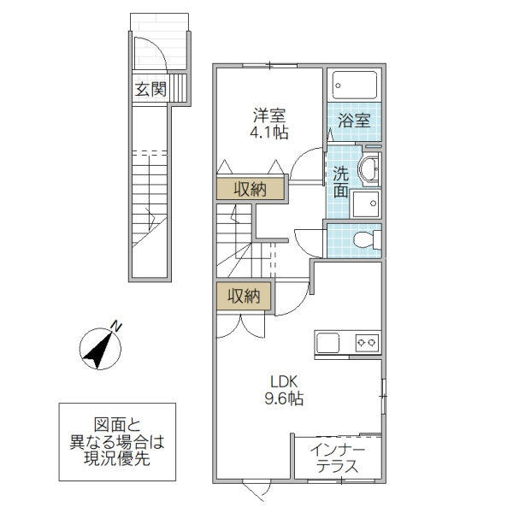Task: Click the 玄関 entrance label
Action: tap(150, 89)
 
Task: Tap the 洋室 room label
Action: tap(268, 115)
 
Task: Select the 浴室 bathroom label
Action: tap(354, 121)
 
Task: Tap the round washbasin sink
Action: tap(371, 169)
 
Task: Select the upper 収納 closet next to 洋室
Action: tap(245, 189)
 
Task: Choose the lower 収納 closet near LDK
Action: tap(245, 297)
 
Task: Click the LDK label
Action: tap(283, 380)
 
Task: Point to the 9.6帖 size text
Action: tap(283, 398)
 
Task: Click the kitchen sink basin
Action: tap(329, 343)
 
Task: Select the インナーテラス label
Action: tap(337, 458)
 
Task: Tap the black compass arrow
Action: tap(99, 350)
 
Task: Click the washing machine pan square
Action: tap(369, 203)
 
